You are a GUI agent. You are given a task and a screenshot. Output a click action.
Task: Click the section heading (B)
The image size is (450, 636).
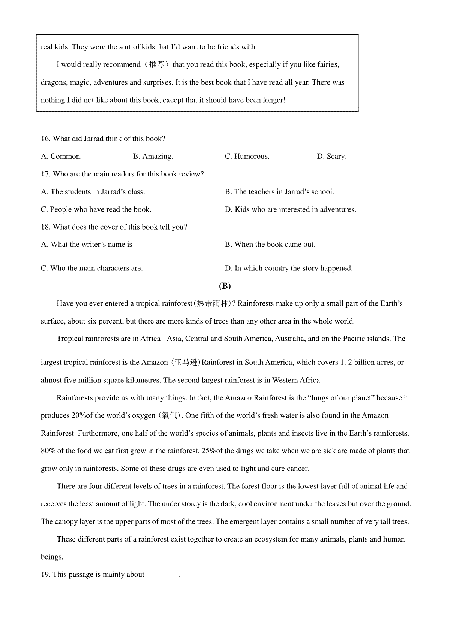tap(225, 286)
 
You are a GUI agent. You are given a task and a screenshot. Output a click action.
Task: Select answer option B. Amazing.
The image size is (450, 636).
tap(153, 157)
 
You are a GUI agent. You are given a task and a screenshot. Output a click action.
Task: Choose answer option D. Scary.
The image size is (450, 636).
tap(331, 157)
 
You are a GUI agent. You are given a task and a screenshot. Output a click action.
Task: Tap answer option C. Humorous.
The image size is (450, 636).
tap(247, 157)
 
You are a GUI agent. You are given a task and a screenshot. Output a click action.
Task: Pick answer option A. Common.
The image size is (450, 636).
tap(61, 157)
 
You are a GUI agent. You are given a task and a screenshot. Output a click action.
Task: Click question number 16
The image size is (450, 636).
tap(45, 139)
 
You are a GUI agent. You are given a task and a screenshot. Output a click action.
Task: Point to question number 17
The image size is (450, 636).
tap(45, 174)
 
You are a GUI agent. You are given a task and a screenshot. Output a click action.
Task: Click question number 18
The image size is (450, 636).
tap(45, 227)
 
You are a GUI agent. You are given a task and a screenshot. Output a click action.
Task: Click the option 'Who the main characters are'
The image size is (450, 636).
tap(91, 269)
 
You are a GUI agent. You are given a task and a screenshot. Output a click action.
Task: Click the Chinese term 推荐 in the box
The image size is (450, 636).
tap(156, 65)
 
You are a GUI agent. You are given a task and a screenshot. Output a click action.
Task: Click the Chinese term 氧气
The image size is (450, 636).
tap(170, 416)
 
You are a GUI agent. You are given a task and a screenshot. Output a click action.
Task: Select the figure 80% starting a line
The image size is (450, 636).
tap(48, 451)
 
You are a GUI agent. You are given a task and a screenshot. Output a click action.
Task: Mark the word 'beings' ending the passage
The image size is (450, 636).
tap(51, 557)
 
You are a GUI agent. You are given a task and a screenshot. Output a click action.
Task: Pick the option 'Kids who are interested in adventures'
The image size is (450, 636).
tap(291, 210)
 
